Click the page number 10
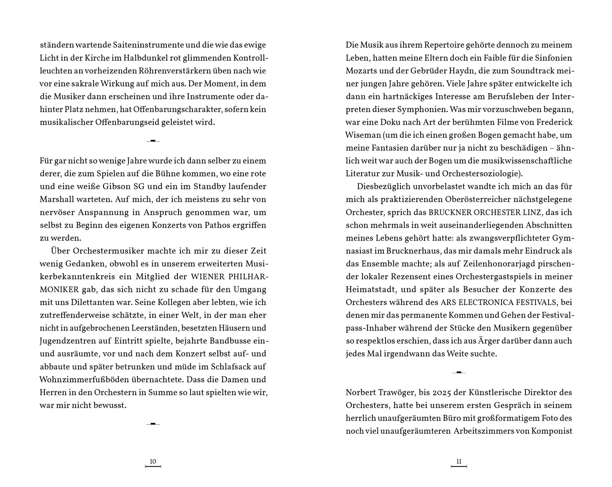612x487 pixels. pos(153,462)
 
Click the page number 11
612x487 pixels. pos(459,462)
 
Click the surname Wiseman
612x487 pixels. pos(363,135)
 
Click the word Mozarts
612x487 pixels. pos(361,71)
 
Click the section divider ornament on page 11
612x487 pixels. pos(459,372)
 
